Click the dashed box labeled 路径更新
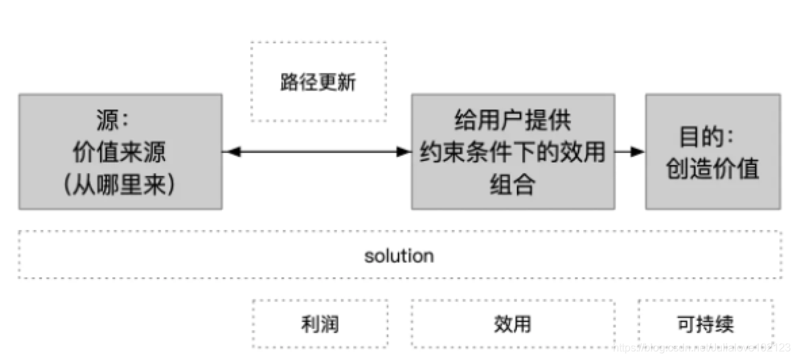click(x=318, y=81)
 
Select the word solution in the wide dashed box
click(x=398, y=256)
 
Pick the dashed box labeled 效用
click(x=512, y=324)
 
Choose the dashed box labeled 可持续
click(x=704, y=324)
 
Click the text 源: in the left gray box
click(x=112, y=122)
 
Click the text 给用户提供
click(x=512, y=122)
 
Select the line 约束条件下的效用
click(x=512, y=153)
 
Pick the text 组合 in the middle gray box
click(x=512, y=183)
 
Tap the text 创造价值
click(x=712, y=168)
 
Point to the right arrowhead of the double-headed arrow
click(x=405, y=152)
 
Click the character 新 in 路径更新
click(x=346, y=83)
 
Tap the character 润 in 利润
click(x=329, y=324)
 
